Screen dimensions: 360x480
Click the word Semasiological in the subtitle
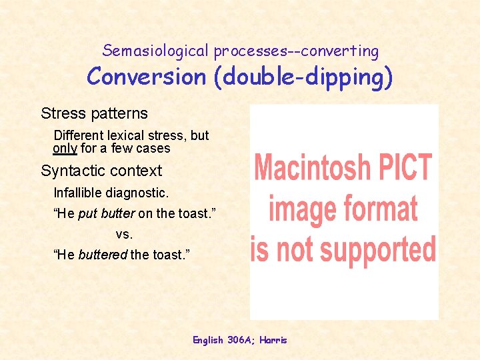[x=155, y=51]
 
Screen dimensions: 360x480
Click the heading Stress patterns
[x=94, y=113]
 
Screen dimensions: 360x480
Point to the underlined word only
[x=65, y=149]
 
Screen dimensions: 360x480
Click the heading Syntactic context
[x=101, y=171]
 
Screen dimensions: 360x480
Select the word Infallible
[x=79, y=193]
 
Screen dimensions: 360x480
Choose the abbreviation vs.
[x=124, y=234]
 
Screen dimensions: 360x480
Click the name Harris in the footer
[x=273, y=340]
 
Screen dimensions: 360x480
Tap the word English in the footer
[x=209, y=340]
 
